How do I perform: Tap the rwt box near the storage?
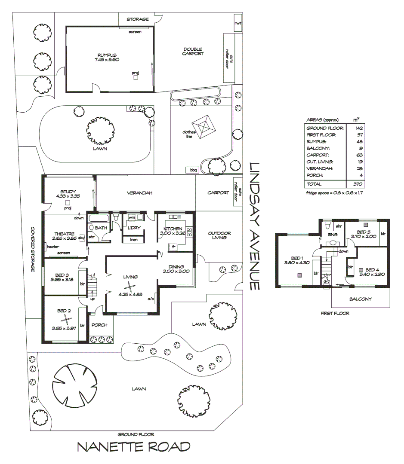point(237,23)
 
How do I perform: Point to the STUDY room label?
point(68,192)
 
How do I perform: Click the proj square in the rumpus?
point(136,78)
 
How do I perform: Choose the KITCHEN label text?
point(173,229)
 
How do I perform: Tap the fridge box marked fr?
point(173,247)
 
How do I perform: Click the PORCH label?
point(99,325)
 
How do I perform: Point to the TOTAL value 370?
point(358,184)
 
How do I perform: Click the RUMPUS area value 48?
point(358,142)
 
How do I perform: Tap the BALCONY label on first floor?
point(361,299)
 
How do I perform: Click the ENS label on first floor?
point(333,235)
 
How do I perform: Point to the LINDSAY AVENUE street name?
point(255,226)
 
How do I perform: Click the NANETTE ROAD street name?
point(133,447)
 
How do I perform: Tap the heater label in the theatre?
point(53,246)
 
